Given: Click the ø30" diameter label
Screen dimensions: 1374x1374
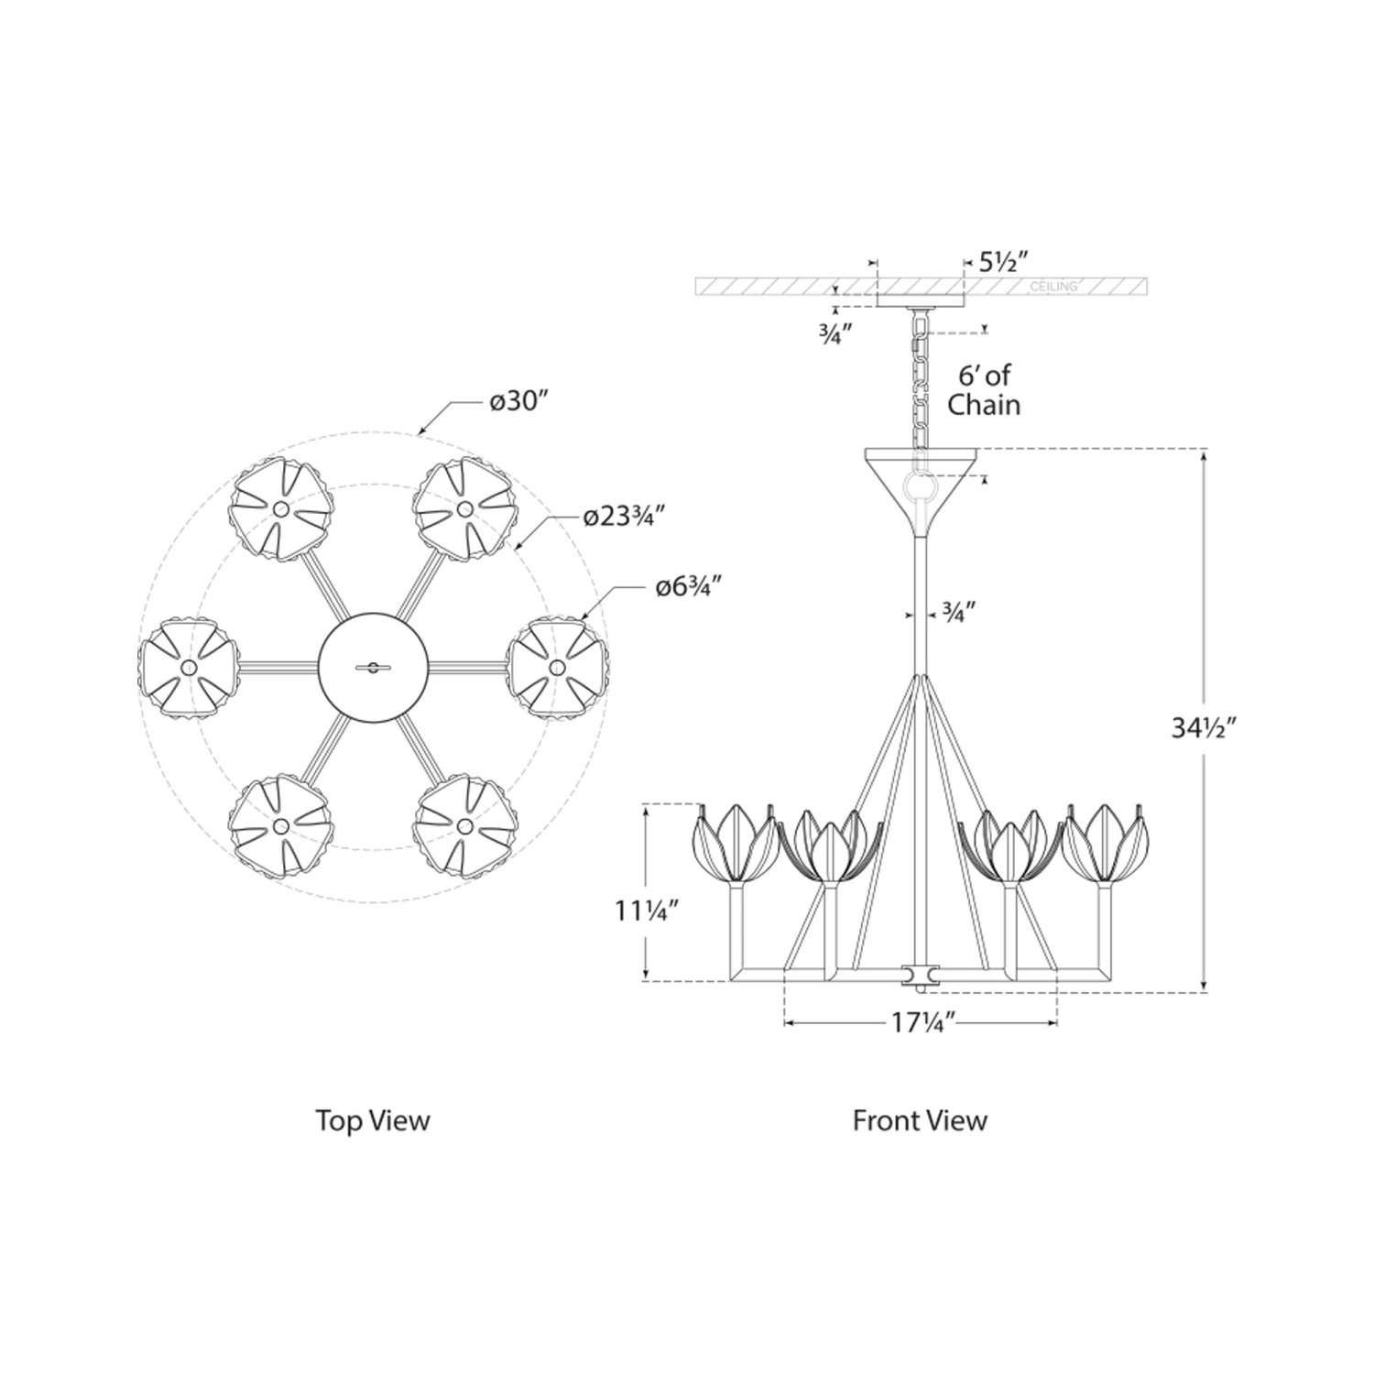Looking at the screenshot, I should click(x=518, y=402).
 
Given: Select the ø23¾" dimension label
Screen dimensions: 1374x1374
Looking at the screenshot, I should click(x=624, y=518).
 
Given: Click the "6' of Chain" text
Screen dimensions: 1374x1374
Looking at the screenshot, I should click(x=984, y=389).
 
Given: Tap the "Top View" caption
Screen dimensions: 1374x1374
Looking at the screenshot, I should click(x=372, y=1120).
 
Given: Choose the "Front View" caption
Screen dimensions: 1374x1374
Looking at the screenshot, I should click(x=920, y=1120).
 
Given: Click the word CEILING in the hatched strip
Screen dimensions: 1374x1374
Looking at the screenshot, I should click(x=1053, y=287).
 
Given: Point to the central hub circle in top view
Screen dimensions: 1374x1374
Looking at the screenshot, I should click(x=372, y=667).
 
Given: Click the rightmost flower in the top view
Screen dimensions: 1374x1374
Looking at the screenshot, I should click(x=556, y=667).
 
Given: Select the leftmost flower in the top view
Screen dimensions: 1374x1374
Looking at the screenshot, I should click(x=189, y=667).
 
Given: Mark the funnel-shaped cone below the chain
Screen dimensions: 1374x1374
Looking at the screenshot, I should click(x=921, y=490).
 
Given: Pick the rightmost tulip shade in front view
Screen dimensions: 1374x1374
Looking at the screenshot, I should click(x=1109, y=841).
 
